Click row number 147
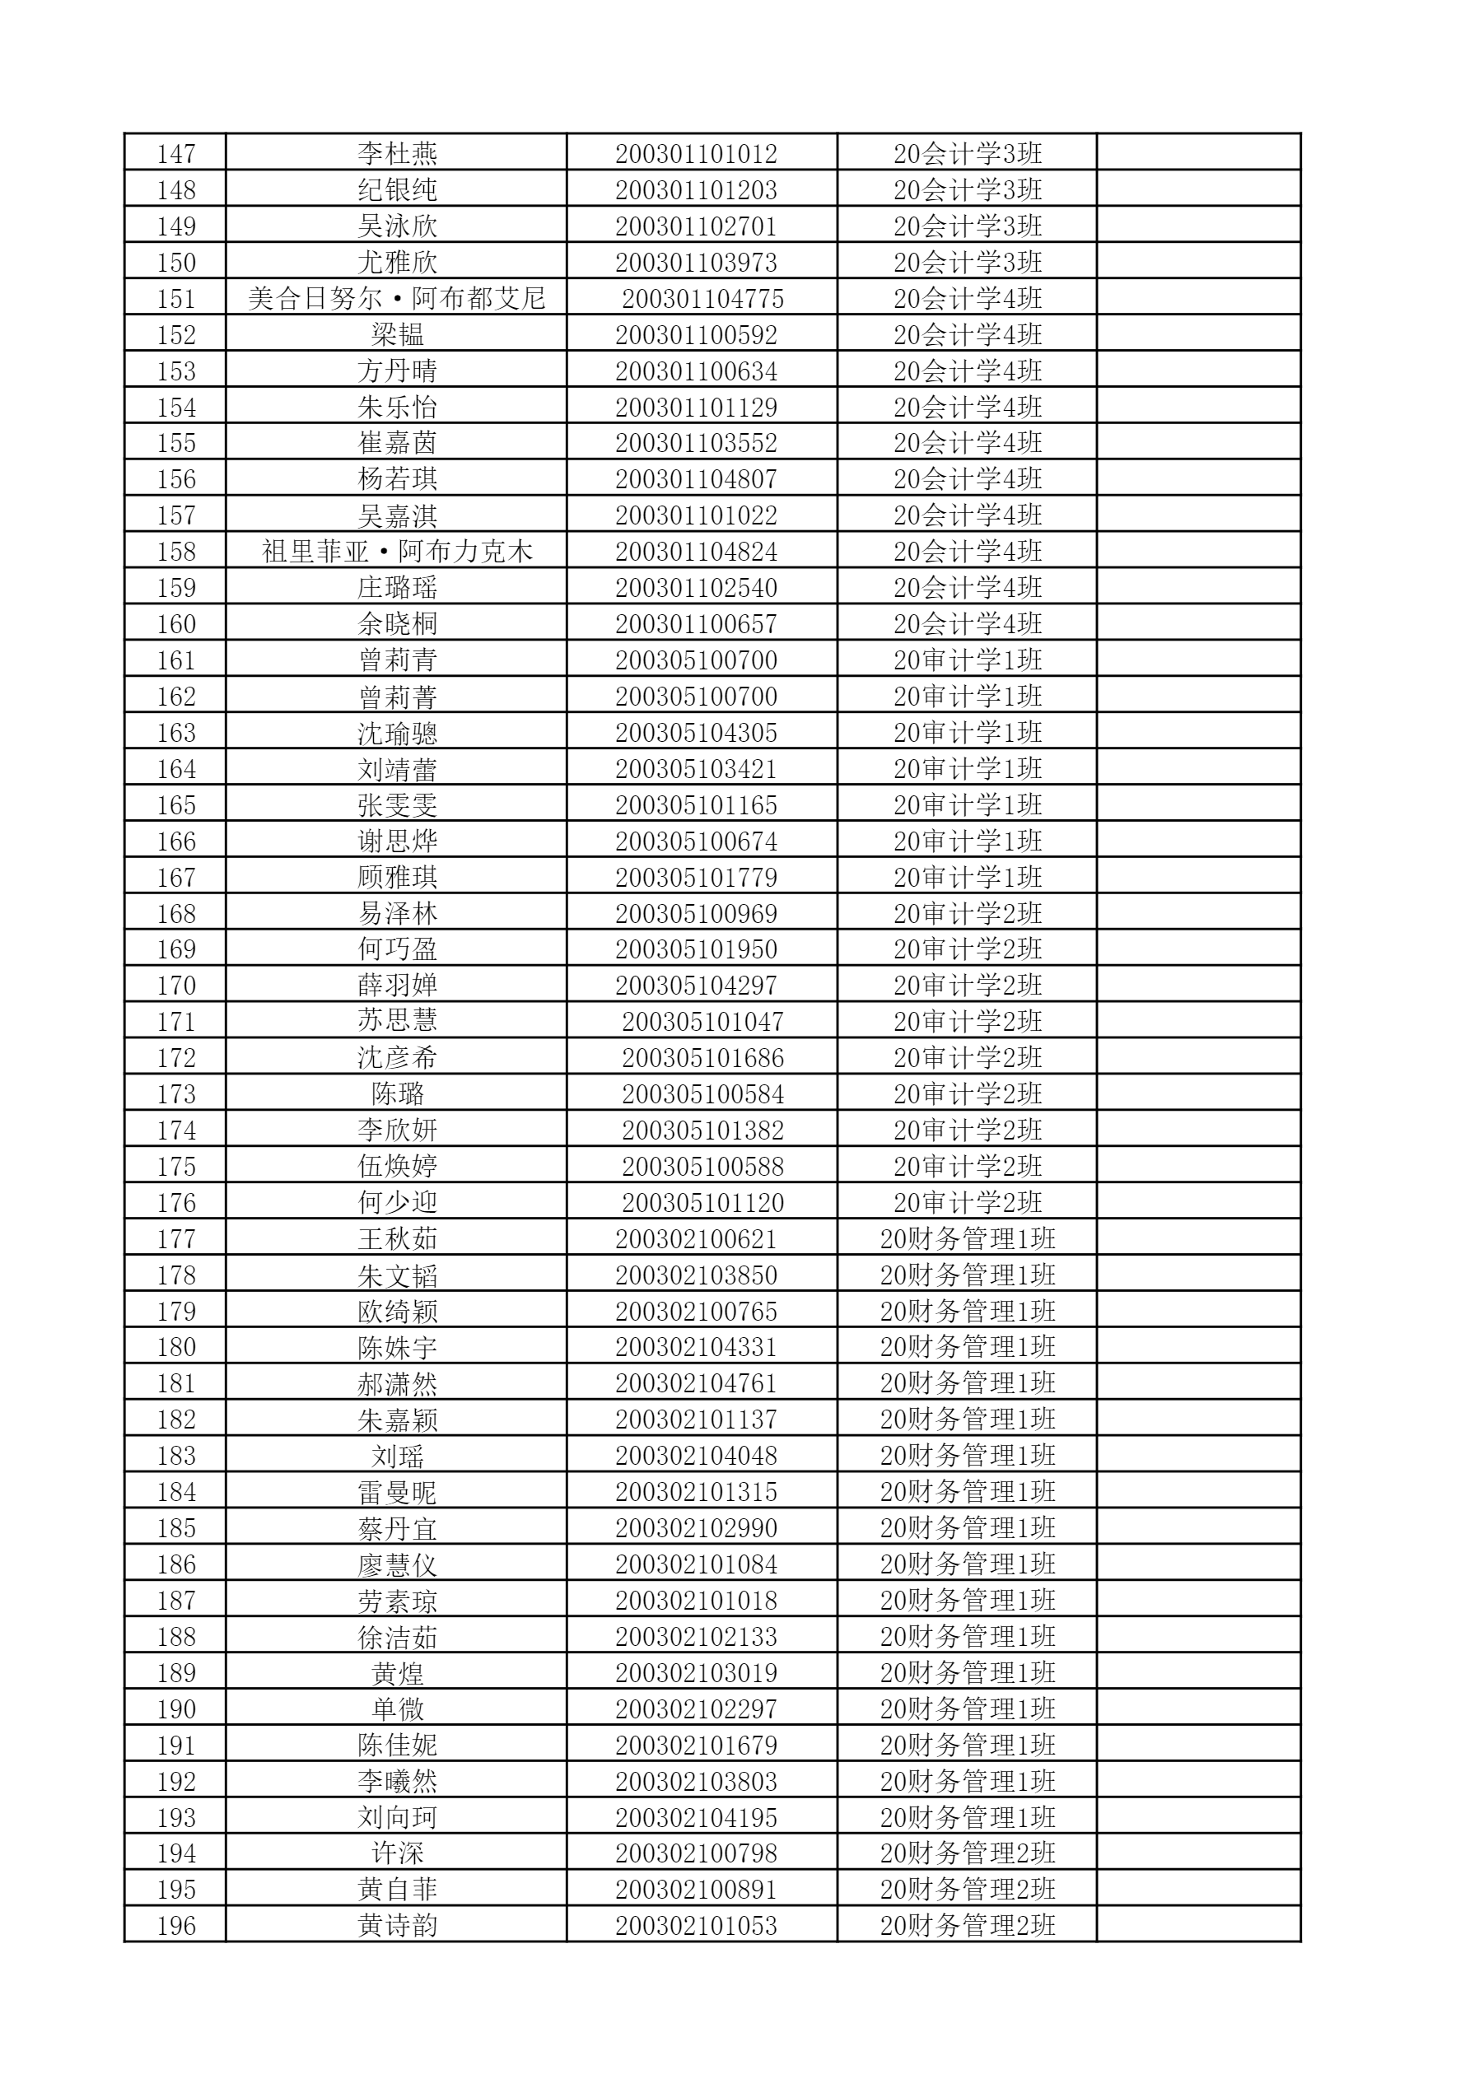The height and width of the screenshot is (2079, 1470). click(x=175, y=154)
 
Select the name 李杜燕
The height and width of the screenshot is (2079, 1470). click(x=397, y=154)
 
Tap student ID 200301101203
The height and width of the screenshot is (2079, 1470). click(x=696, y=190)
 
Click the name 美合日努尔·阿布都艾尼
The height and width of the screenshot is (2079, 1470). click(x=397, y=299)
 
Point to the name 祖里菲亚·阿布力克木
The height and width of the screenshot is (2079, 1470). click(x=397, y=552)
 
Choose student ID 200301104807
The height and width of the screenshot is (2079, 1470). click(x=696, y=479)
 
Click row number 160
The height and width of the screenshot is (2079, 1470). click(x=175, y=624)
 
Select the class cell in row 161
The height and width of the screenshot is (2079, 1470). click(x=968, y=660)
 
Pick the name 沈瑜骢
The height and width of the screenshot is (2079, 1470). click(x=397, y=733)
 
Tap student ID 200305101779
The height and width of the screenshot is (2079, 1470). click(x=696, y=878)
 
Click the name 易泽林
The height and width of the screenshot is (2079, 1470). click(x=397, y=914)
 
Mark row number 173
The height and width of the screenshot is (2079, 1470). click(x=175, y=1093)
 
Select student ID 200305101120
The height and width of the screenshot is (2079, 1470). click(x=702, y=1202)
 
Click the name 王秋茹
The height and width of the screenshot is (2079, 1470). click(x=397, y=1238)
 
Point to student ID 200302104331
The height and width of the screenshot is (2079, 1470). click(x=696, y=1347)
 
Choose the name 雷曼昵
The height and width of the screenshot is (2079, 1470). click(x=397, y=1492)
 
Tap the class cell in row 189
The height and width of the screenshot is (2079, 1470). click(x=968, y=1672)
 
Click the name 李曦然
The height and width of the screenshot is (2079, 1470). click(x=397, y=1781)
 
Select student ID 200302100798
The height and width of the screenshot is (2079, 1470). click(x=696, y=1853)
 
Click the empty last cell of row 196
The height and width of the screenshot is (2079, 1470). click(x=1198, y=1926)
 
